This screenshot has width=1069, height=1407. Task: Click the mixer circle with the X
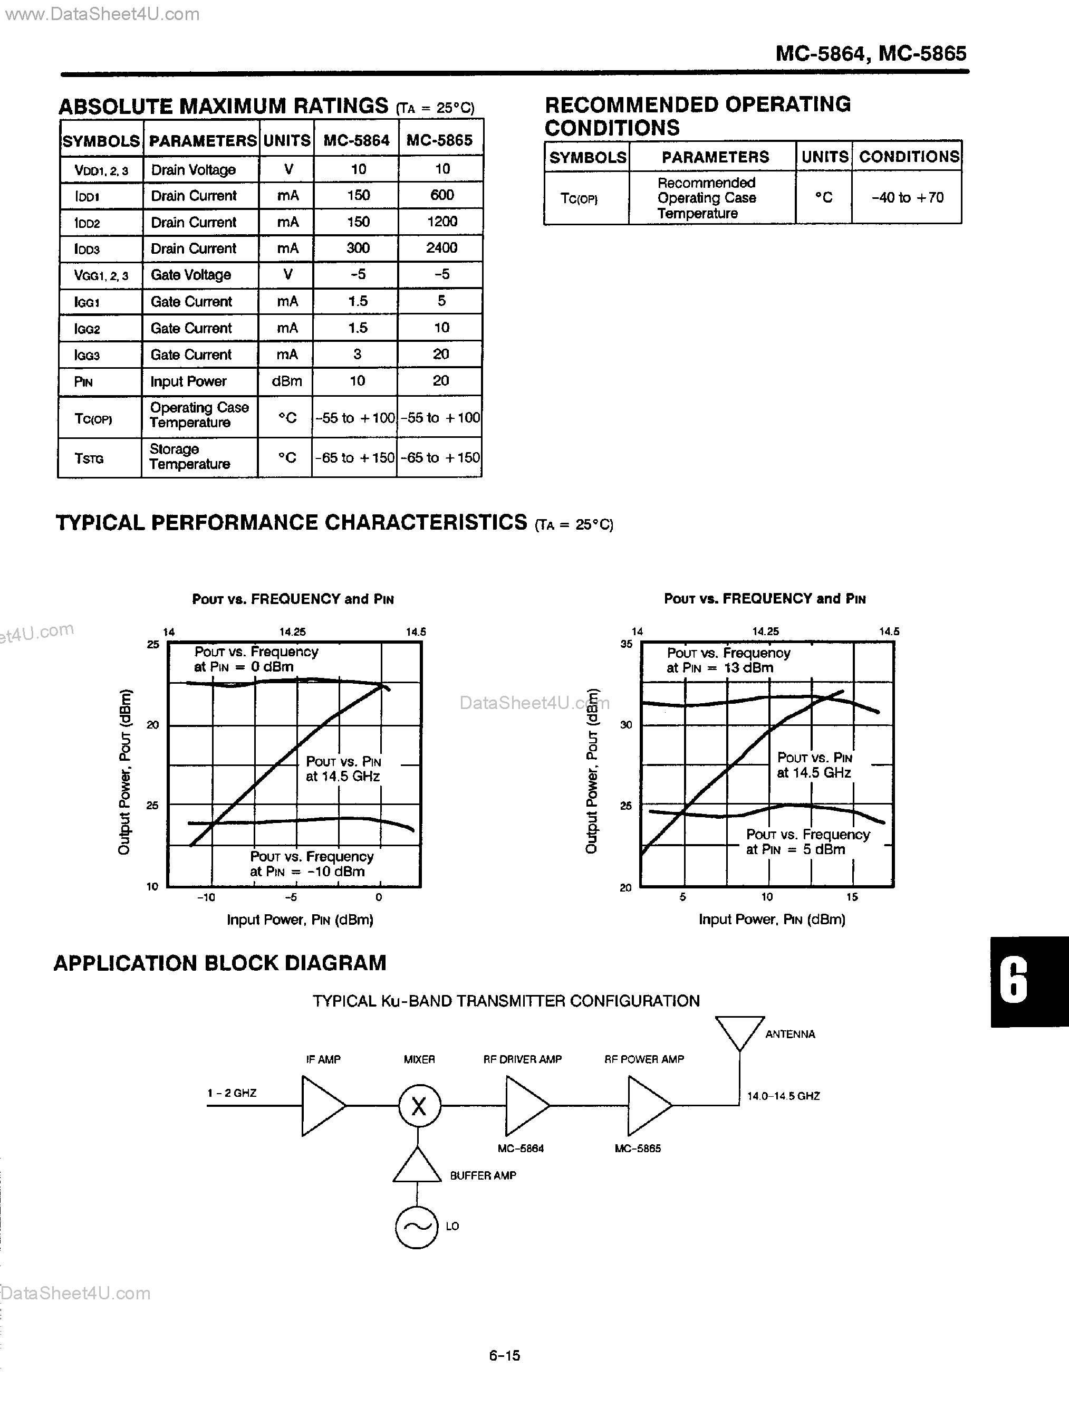tap(419, 1106)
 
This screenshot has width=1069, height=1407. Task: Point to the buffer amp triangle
tap(417, 1167)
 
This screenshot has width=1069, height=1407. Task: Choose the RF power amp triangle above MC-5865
tap(647, 1106)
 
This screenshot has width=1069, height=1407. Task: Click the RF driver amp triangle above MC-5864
tap(524, 1106)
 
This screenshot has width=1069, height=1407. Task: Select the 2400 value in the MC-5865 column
tap(441, 248)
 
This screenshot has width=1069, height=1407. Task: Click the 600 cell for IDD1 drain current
tap(441, 195)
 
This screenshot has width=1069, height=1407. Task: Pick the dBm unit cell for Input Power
tap(287, 381)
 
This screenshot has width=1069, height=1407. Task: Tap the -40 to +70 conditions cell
tap(908, 198)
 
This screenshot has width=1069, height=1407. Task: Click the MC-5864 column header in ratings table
tap(357, 141)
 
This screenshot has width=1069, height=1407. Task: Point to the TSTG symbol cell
tap(89, 458)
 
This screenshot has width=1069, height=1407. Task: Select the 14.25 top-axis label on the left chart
tap(293, 632)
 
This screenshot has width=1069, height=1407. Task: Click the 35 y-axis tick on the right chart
tap(626, 644)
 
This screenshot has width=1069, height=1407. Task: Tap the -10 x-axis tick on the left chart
tap(206, 897)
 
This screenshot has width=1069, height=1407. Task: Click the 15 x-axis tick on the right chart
tap(852, 897)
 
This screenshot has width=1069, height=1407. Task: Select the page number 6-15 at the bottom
tap(505, 1355)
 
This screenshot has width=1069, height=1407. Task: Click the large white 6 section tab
tap(1014, 981)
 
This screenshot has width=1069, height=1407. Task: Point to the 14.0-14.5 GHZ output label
tap(783, 1096)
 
